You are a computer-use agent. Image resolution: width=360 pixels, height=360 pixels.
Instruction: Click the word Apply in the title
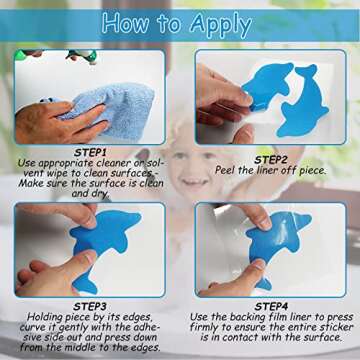pos(221,25)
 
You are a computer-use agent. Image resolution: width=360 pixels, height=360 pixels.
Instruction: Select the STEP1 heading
pos(90,153)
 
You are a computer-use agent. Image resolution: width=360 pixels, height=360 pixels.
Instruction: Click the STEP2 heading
pos(271,160)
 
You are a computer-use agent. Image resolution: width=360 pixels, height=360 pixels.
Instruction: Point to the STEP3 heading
pos(90,306)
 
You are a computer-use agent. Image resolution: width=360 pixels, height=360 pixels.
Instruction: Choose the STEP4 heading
pos(271,306)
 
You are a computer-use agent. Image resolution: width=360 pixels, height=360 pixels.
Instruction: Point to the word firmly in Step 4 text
pos(204,327)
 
